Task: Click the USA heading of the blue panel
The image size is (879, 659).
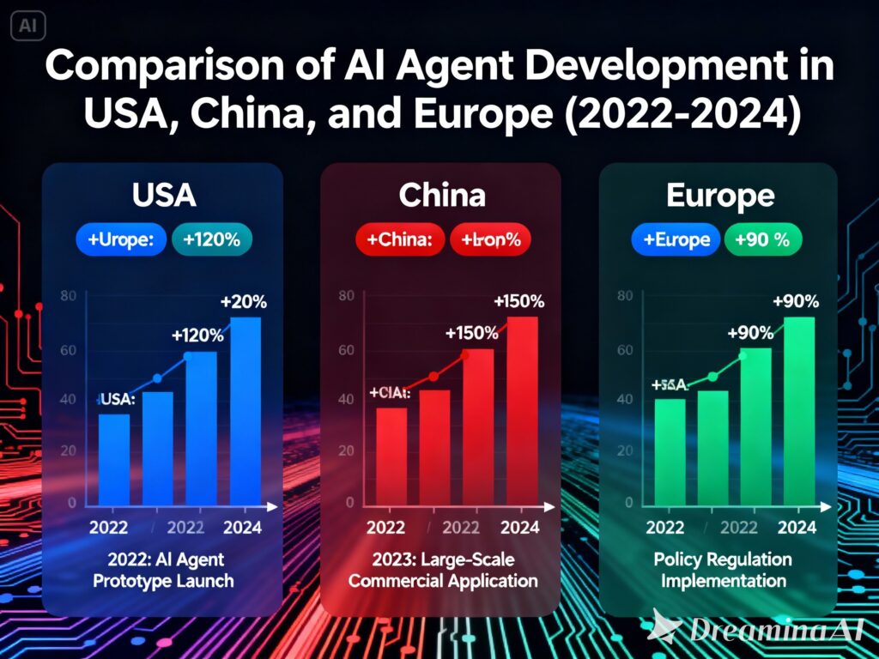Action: [x=164, y=196]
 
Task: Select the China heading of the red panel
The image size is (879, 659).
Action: [x=442, y=196]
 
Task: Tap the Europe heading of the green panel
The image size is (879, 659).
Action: [x=720, y=196]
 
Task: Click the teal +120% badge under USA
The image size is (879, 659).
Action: [x=212, y=240]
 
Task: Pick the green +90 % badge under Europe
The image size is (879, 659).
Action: [x=762, y=240]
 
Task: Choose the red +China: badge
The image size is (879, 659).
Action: [x=399, y=240]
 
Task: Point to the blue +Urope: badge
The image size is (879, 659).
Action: [x=122, y=240]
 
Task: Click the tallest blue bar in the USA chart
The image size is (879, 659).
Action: [x=246, y=412]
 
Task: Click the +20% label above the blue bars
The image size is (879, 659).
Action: [x=243, y=303]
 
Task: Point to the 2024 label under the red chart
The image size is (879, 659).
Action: [x=519, y=528]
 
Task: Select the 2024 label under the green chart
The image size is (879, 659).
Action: [x=797, y=528]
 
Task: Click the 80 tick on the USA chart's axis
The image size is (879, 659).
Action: [x=70, y=296]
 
